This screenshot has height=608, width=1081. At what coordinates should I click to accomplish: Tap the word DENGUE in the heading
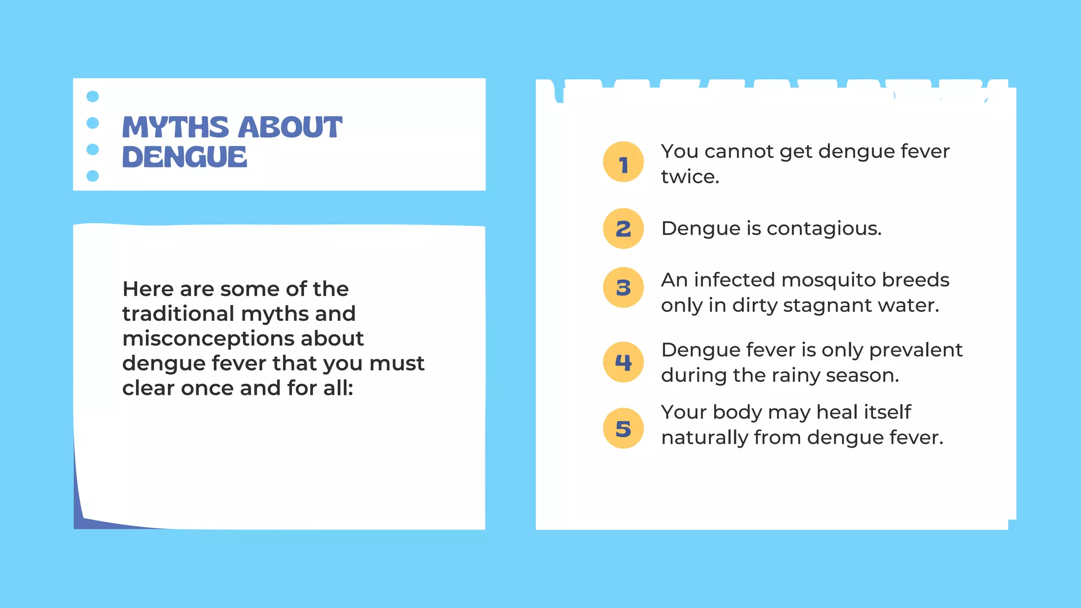184,157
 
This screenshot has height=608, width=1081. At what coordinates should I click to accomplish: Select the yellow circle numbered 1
623,162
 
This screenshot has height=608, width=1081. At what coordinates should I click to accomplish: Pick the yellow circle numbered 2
623,229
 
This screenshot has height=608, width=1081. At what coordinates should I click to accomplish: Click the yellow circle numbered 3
623,288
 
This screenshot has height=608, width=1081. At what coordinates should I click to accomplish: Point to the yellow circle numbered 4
623,362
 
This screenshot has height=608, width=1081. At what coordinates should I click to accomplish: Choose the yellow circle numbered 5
623,429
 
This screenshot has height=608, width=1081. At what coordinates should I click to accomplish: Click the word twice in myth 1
690,177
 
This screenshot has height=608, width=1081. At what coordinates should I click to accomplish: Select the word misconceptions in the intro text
243,338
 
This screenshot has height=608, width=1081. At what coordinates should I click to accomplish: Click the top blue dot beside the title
92,97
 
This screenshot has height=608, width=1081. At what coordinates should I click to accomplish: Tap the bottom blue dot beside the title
92,176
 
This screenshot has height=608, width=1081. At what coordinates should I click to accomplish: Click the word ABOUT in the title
290,127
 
